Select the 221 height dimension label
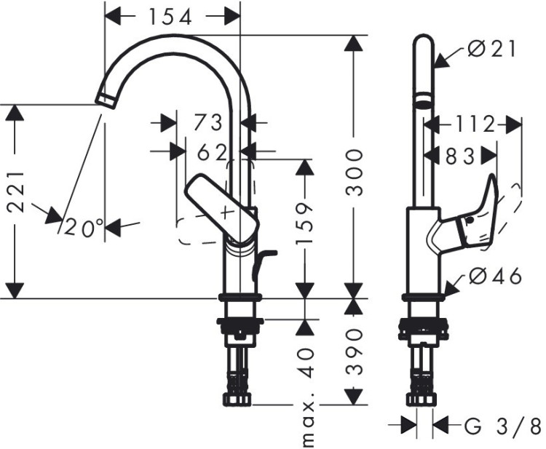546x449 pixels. (x=17, y=192)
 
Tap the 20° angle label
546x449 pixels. (x=84, y=229)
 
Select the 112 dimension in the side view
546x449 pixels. (x=473, y=124)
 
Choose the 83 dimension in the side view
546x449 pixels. (x=460, y=155)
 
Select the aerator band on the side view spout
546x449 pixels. (x=423, y=100)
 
